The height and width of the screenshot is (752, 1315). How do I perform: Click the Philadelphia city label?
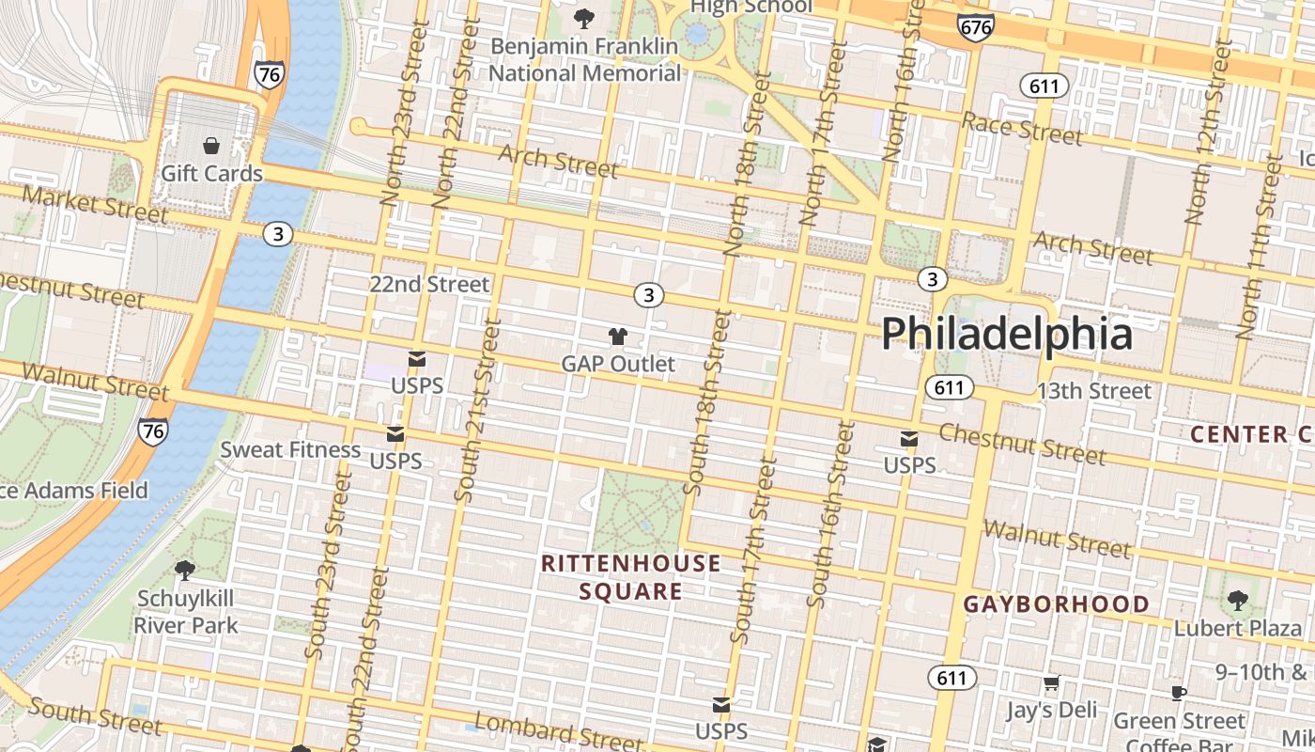(x=1006, y=334)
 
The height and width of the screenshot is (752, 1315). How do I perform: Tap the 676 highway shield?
(x=976, y=27)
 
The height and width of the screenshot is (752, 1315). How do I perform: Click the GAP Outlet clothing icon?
(x=617, y=336)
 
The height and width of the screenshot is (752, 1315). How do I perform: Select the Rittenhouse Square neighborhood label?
(x=631, y=577)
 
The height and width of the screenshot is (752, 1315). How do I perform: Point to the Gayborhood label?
(x=1056, y=604)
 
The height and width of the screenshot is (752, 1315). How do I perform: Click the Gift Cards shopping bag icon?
(x=211, y=146)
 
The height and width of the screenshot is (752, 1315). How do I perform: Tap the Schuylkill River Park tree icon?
(x=185, y=570)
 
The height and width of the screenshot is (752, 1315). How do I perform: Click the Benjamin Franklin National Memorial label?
(x=584, y=59)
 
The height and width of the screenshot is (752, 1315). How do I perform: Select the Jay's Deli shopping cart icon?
(x=1051, y=683)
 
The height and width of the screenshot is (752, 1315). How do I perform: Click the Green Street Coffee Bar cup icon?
(x=1179, y=694)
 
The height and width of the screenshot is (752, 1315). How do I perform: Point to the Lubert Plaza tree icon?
(x=1237, y=600)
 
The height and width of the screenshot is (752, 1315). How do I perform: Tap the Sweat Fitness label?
(x=290, y=450)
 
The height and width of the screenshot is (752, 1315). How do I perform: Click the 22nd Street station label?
(x=429, y=284)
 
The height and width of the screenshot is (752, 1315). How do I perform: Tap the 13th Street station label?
(x=1093, y=391)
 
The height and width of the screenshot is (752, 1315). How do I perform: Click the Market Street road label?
(x=94, y=204)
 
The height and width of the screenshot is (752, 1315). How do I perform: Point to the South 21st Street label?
(x=477, y=409)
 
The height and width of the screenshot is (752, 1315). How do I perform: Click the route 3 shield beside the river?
(x=277, y=233)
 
